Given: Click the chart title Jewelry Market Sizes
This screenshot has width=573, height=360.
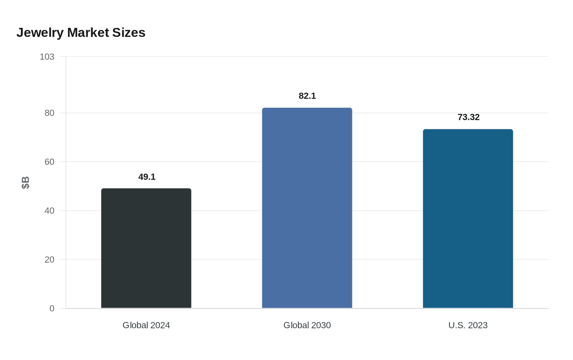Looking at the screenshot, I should tap(81, 33).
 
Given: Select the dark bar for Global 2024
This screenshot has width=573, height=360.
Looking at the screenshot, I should tap(146, 248).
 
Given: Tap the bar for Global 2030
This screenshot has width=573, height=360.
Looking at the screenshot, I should tap(307, 208).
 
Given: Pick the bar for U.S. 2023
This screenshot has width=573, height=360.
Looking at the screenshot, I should tap(468, 218).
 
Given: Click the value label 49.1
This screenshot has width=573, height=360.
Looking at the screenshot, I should tap(147, 177).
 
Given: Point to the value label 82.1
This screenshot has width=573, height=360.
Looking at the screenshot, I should tap(307, 96).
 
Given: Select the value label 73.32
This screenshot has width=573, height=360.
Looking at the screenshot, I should tap(468, 117).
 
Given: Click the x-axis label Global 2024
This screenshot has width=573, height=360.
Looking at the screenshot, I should tap(146, 325).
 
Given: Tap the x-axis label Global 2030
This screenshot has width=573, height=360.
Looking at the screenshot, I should tap(307, 325).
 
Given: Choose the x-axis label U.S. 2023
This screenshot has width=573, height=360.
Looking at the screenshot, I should tap(468, 325).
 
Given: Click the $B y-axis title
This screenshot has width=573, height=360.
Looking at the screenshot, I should tap(25, 182).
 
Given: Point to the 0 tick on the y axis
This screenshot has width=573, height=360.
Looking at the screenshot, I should tap(52, 308).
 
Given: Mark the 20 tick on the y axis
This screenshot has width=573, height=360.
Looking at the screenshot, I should tap(50, 259).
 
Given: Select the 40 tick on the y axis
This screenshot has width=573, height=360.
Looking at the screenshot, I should tap(50, 211).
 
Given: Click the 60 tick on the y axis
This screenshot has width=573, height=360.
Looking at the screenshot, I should tap(50, 162).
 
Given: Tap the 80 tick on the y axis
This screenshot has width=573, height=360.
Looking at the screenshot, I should tap(50, 113).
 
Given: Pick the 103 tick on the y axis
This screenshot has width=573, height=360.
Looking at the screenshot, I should tap(47, 57).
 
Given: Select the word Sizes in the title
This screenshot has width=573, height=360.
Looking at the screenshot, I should tap(129, 33).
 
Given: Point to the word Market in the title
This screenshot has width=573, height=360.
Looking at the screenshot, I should tap(88, 33).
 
